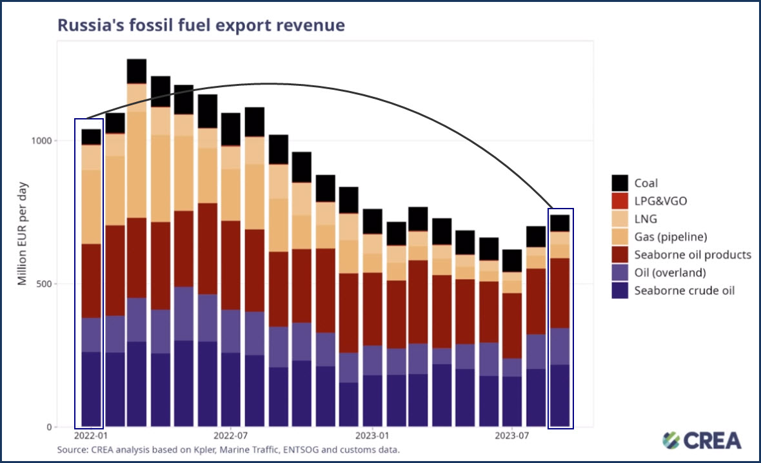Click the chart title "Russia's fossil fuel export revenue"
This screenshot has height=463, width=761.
click(x=201, y=25)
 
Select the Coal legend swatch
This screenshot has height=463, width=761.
click(x=620, y=183)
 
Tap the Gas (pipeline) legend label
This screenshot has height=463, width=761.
click(x=673, y=237)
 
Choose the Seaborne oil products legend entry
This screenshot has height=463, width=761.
click(x=693, y=254)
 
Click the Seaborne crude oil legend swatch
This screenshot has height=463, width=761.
click(x=620, y=291)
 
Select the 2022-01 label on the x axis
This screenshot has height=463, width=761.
click(x=91, y=437)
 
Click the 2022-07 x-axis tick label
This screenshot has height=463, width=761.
click(x=230, y=437)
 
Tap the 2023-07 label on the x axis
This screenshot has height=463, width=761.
click(x=511, y=437)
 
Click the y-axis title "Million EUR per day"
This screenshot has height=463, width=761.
click(x=23, y=224)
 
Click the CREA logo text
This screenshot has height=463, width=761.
click(x=712, y=441)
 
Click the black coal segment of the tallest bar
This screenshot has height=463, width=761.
click(x=137, y=71)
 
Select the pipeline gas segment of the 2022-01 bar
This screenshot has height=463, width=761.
click(x=91, y=207)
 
